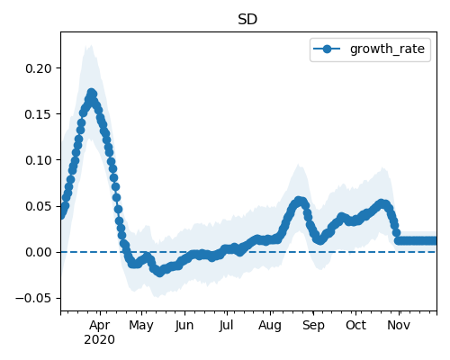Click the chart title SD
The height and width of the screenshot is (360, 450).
coord(247,20)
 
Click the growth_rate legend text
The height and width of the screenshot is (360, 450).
coord(387,49)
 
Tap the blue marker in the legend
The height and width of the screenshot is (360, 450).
coord(327,49)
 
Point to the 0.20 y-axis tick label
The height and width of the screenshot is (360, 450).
coord(39,68)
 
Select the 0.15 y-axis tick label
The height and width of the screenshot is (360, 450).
coord(39,114)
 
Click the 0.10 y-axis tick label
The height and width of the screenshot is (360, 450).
coord(39,160)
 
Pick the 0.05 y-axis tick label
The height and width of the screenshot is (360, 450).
coord(39,206)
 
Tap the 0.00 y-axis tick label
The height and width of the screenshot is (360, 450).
coord(39,252)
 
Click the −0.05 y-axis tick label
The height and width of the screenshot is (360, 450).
coord(33,298)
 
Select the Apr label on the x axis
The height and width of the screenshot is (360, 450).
coord(100,326)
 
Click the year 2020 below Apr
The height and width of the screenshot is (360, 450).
coord(99,340)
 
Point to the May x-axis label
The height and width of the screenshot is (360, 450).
coord(141,326)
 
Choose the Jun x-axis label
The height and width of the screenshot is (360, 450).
coord(184,326)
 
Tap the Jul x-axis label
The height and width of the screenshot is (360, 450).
coord(226,326)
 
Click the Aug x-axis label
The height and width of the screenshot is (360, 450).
coord(270,326)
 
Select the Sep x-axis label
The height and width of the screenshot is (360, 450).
coord(313,326)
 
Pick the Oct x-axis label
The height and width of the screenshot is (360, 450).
coord(355,326)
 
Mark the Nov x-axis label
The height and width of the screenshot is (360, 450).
coord(399,326)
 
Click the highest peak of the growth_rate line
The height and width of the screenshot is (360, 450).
coord(92,93)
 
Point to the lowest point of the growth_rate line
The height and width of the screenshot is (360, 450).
coord(159,273)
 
